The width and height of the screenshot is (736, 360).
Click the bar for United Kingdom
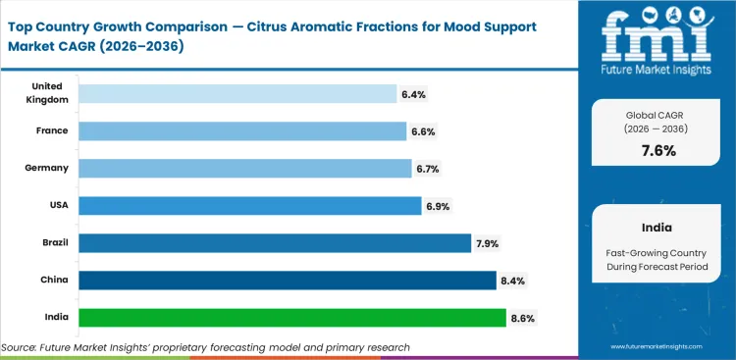click(x=237, y=94)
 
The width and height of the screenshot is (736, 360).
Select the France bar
click(x=241, y=131)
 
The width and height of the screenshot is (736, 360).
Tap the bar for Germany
click(x=244, y=169)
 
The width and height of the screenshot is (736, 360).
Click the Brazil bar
click(x=275, y=243)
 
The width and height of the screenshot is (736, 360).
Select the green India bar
click(x=291, y=318)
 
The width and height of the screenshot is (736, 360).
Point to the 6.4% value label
click(x=412, y=94)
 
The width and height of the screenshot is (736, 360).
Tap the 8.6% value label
click(x=522, y=318)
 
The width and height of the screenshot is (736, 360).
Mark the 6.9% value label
click(x=438, y=206)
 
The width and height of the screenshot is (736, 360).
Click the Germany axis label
click(x=47, y=168)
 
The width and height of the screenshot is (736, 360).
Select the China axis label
click(x=54, y=281)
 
